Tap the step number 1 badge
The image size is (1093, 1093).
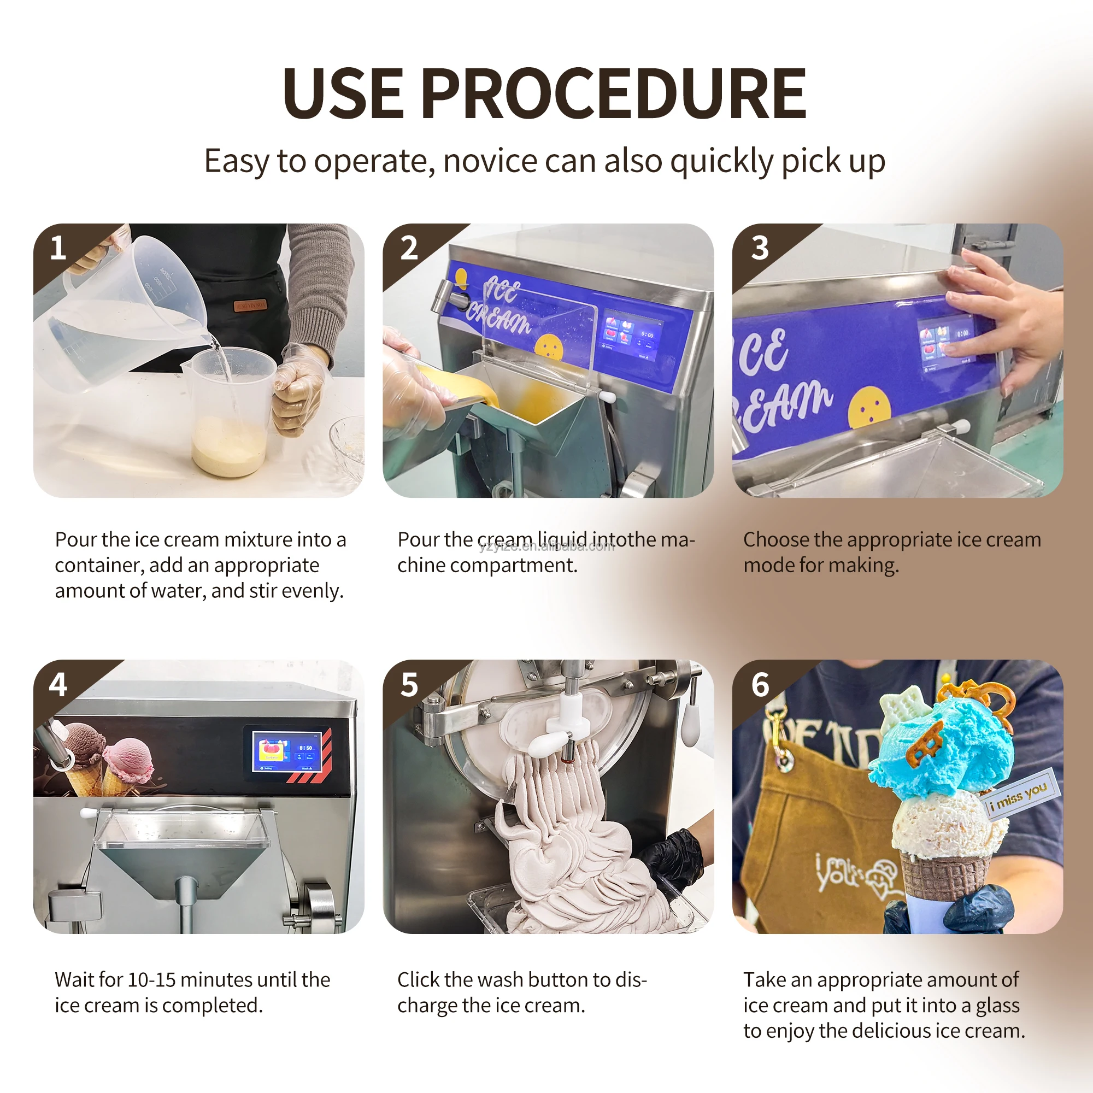click(58, 248)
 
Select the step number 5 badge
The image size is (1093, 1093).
click(408, 685)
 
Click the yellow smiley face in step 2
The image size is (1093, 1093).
click(548, 347)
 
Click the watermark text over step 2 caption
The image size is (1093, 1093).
click(546, 546)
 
